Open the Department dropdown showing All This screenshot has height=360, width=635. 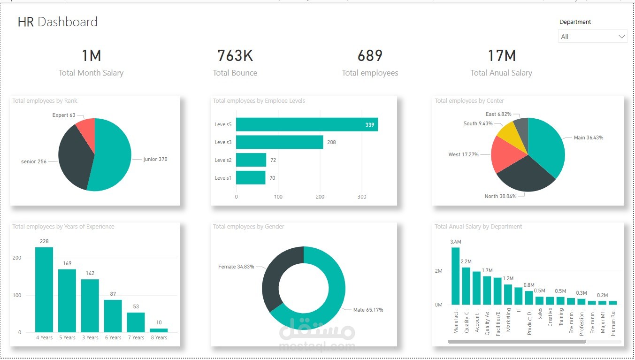coord(592,37)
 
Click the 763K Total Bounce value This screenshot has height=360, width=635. coord(235,56)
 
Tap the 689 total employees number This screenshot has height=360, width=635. coord(370,56)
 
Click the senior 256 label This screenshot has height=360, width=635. coord(34,161)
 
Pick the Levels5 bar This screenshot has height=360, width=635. coord(306,124)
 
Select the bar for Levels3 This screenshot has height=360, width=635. coord(279,142)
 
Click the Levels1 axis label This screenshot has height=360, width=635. coord(223,178)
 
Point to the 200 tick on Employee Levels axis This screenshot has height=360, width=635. coord(320,197)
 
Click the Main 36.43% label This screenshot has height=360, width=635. coord(588,138)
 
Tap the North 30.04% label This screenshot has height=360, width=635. coord(500,196)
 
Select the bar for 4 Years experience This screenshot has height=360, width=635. coord(44,289)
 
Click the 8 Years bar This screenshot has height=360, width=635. coord(159,330)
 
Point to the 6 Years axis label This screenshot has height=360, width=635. coord(113,337)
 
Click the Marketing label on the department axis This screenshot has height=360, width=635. coord(508,320)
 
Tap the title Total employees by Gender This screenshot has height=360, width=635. coord(248,227)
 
